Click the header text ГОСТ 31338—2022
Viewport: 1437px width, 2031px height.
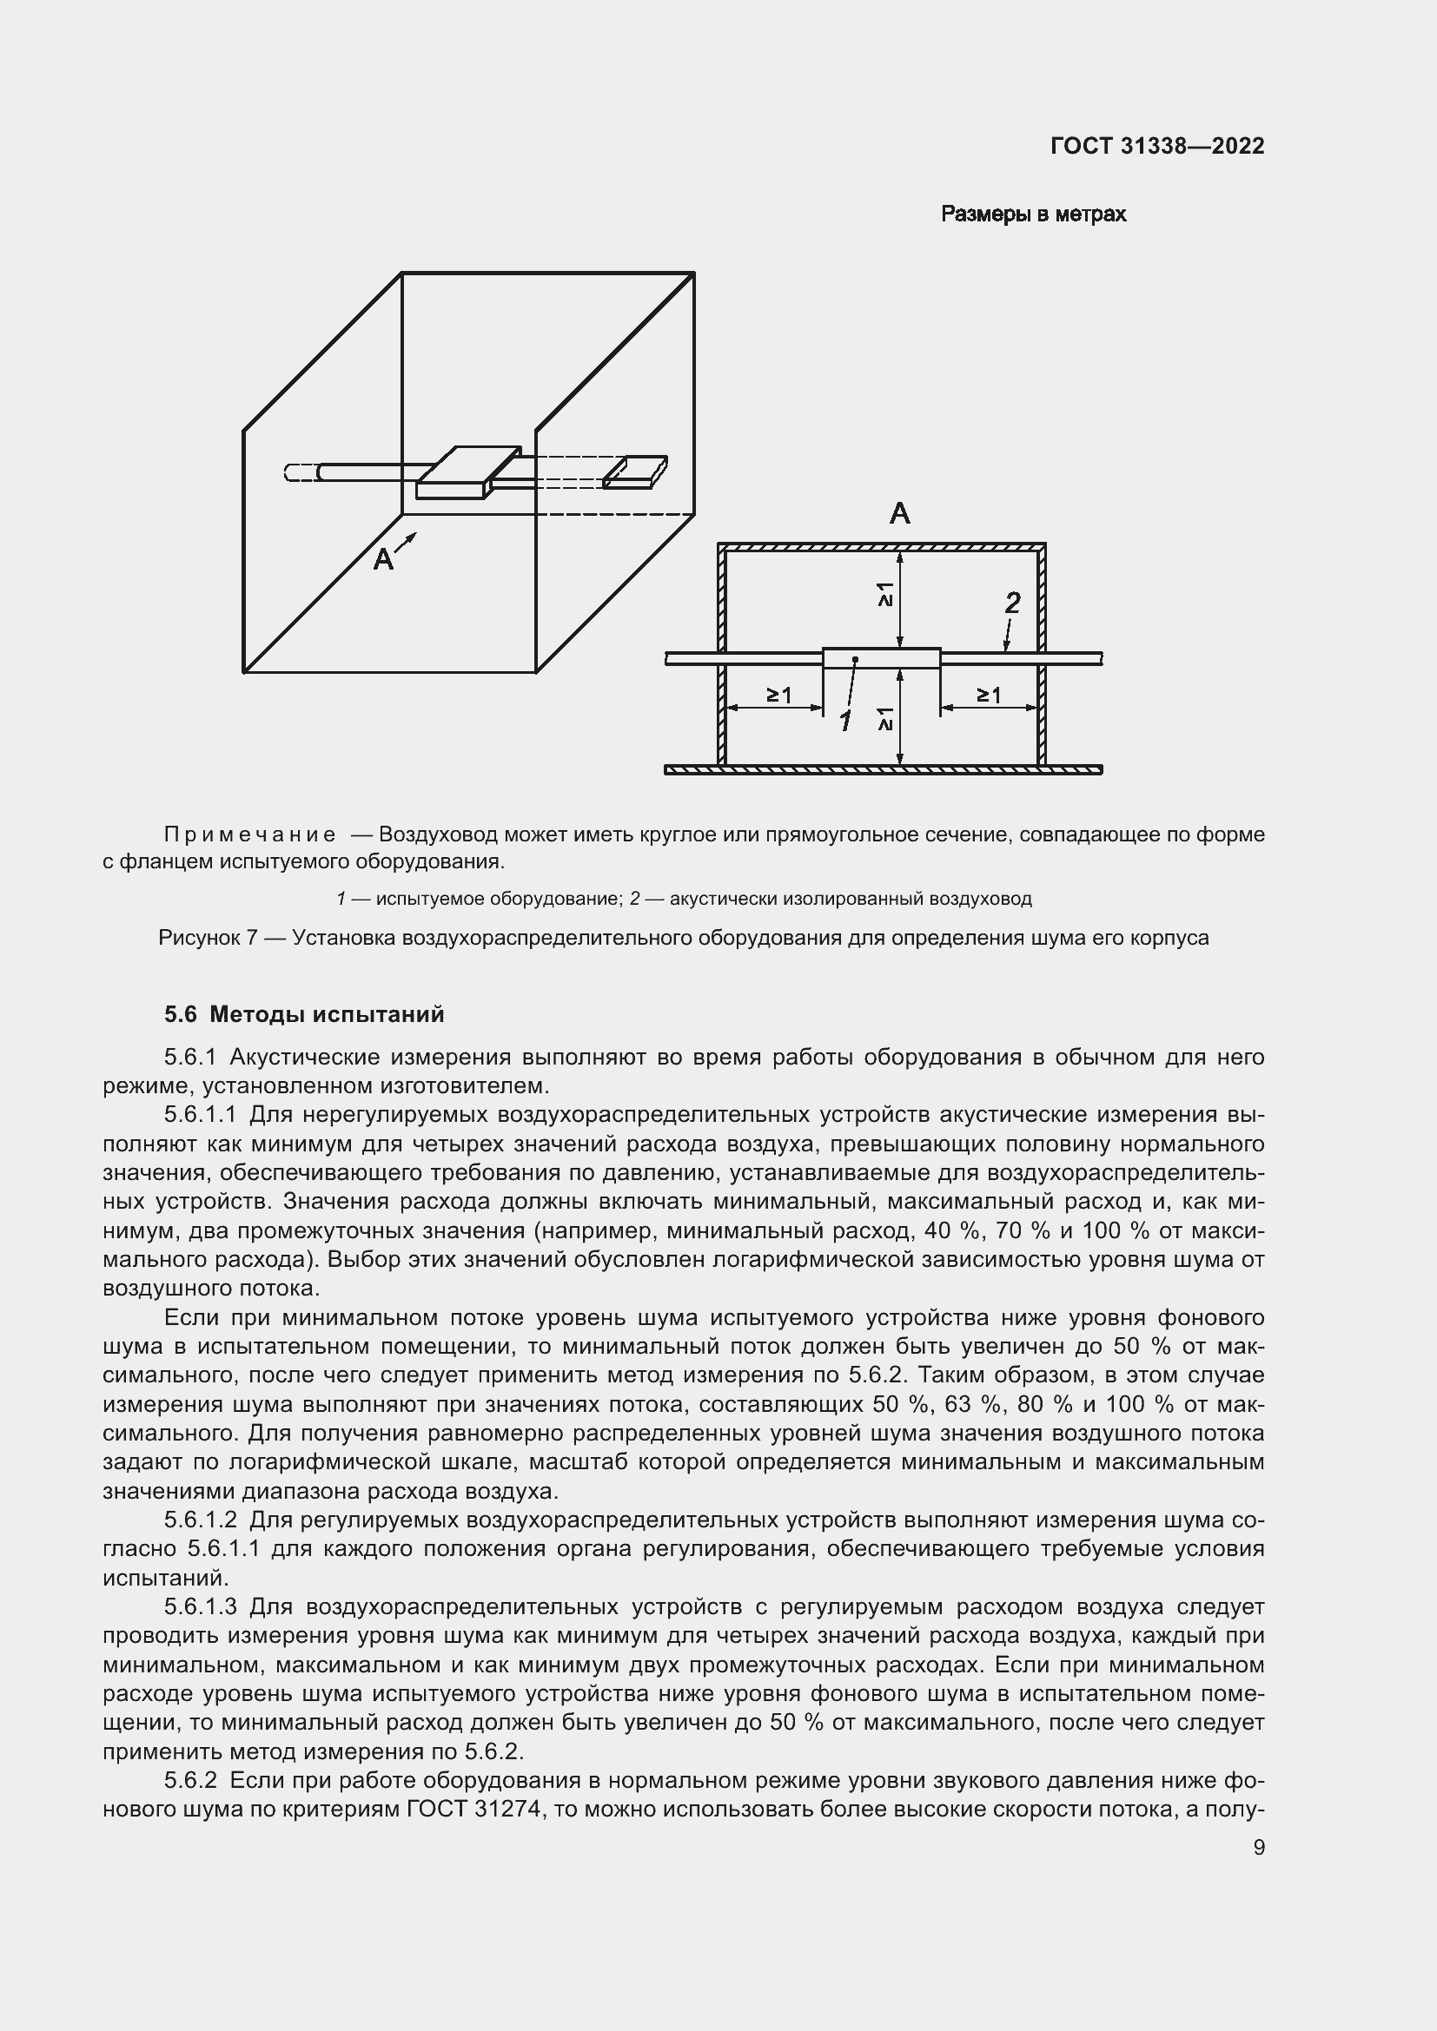coord(1156,147)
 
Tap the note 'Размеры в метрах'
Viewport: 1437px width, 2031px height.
coord(1033,215)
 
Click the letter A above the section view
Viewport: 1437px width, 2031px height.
coord(899,513)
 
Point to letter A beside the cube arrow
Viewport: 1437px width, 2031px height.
coord(382,559)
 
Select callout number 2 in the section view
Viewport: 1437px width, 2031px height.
coord(1012,603)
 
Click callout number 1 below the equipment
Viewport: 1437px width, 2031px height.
coord(845,722)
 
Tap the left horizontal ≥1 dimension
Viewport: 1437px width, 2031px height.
coord(778,696)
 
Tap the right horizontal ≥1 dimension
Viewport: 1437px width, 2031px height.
coord(989,696)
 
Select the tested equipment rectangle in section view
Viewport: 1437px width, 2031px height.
coord(881,658)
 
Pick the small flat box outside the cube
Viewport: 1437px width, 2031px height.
coord(635,471)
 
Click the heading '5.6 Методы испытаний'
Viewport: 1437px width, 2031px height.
coord(303,1014)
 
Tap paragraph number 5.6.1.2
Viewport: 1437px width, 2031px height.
coord(200,1520)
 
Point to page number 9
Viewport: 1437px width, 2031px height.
coord(1258,1848)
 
